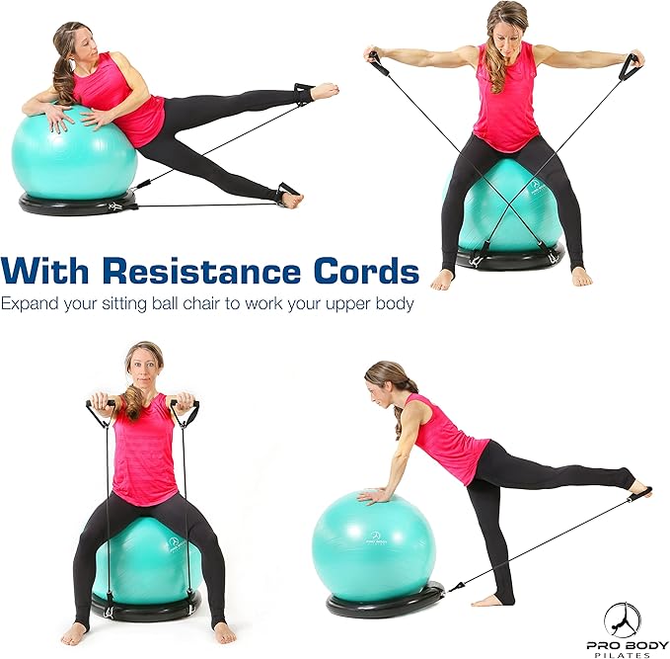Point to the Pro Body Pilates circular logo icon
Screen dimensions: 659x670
(x=622, y=619)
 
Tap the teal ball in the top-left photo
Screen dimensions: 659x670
(x=74, y=156)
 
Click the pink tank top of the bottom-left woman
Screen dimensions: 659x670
(x=144, y=450)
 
